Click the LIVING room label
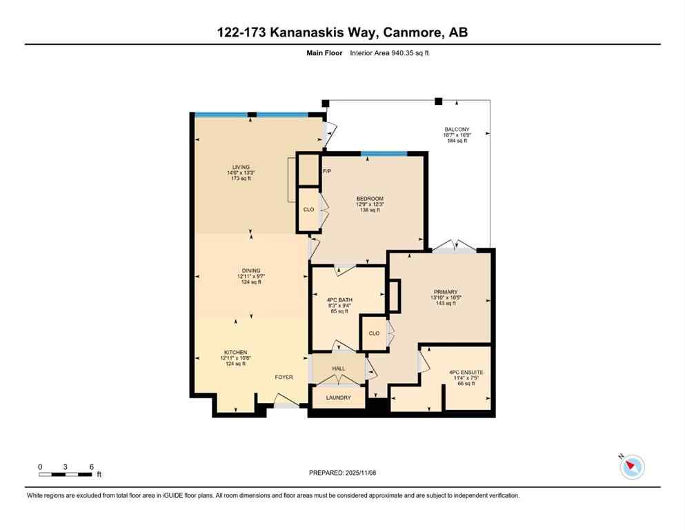click(240, 167)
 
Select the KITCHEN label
click(235, 352)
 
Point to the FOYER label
click(284, 377)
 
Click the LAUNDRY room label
click(338, 397)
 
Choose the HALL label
click(338, 369)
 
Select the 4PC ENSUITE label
click(466, 372)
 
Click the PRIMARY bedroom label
click(446, 292)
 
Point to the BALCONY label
click(456, 130)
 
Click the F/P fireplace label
click(327, 170)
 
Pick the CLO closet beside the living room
click(308, 210)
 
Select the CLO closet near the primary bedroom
click(374, 333)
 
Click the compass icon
click(632, 467)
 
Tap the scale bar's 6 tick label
click(91, 467)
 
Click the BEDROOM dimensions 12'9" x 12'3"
click(370, 204)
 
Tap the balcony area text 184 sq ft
click(456, 141)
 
